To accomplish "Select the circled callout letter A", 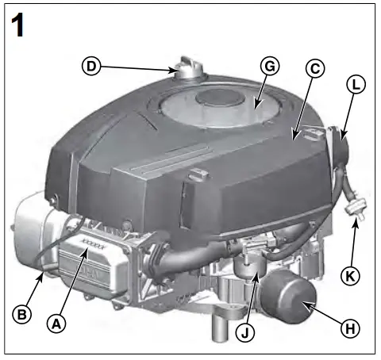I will [54, 322].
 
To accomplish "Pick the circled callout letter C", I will [315, 69].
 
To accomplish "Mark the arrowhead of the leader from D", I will [178, 71].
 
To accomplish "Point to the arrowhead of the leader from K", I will [354, 224].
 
